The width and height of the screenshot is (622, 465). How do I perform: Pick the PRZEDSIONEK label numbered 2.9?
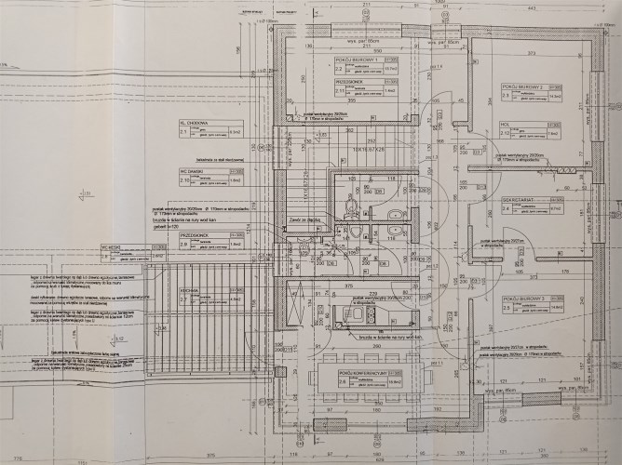click(x=195, y=239)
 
